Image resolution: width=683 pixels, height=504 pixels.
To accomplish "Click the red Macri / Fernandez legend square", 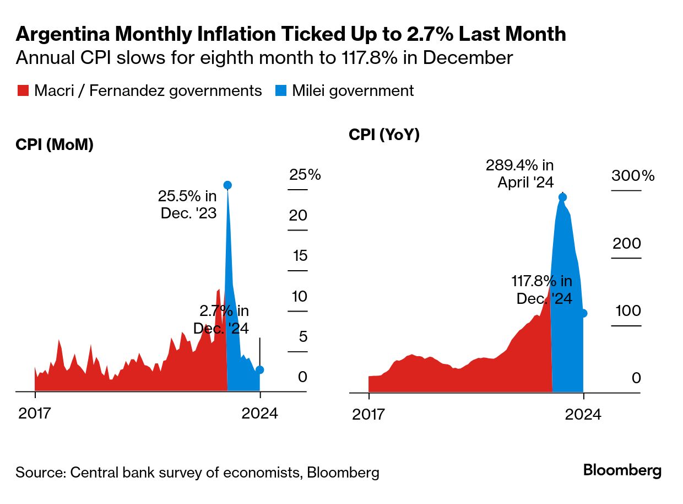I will click(x=23, y=91).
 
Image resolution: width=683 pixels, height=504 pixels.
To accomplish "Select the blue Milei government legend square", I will click(x=280, y=91).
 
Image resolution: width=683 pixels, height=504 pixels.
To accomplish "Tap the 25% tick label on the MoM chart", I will click(x=305, y=175).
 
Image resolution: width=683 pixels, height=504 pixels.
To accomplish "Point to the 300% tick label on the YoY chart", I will click(x=633, y=176).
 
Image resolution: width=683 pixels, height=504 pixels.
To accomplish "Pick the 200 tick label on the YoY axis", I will click(x=627, y=244).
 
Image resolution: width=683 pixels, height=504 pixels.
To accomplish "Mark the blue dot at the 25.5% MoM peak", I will click(x=227, y=185).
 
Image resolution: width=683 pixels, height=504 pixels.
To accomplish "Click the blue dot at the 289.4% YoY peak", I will click(x=562, y=197).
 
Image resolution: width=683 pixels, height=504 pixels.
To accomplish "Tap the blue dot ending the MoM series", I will click(x=260, y=370).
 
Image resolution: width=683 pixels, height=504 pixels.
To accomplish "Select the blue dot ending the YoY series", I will click(x=583, y=313).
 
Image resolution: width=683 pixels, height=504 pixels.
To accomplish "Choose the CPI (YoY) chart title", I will click(x=384, y=135).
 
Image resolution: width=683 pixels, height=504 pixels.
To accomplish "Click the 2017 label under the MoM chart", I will click(x=35, y=414).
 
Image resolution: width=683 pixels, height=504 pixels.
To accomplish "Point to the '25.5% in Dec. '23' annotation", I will click(x=187, y=204).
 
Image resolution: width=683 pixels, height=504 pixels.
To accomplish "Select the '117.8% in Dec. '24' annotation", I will click(x=542, y=290).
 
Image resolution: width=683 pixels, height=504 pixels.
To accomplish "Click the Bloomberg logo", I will click(x=622, y=470).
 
